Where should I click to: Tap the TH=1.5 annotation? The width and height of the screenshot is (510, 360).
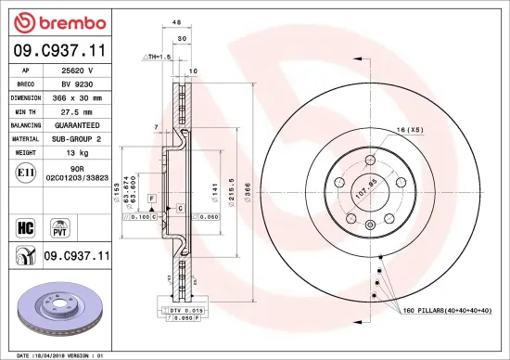click(158, 58)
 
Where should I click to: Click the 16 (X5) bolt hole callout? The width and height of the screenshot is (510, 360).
click(409, 131)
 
